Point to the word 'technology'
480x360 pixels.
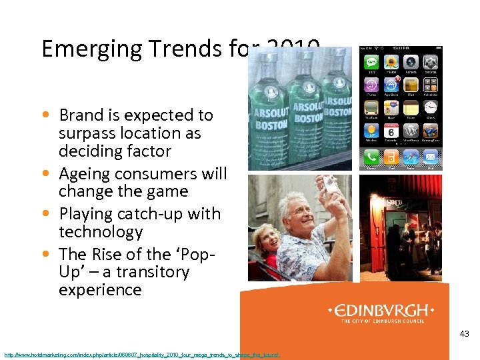(x=101, y=232)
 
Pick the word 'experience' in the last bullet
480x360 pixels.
(x=100, y=290)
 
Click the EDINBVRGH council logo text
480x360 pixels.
(x=381, y=311)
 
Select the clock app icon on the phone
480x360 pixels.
(x=431, y=107)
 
